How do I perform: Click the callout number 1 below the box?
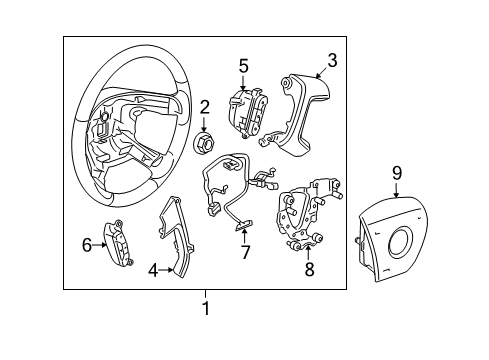[206, 309]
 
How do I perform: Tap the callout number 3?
[333, 59]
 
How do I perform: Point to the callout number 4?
[153, 268]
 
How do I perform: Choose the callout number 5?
[243, 66]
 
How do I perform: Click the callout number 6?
[87, 243]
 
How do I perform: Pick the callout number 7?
[245, 252]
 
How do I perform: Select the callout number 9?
[396, 174]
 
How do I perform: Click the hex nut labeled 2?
[204, 142]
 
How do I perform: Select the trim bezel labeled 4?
[176, 238]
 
